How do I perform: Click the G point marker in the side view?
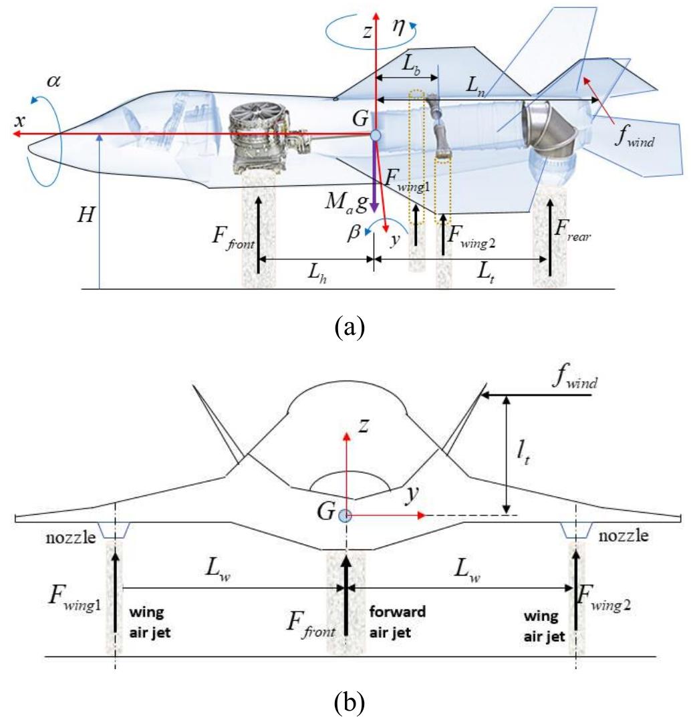tap(376, 136)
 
